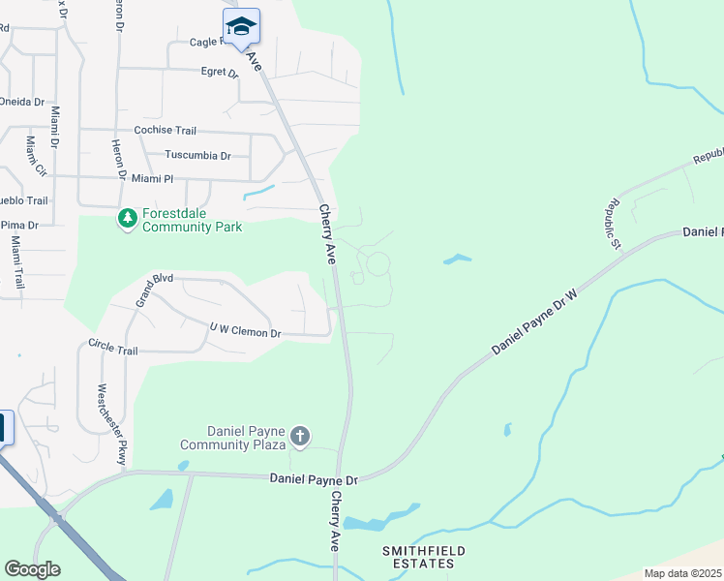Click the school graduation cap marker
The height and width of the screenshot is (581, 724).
pos(241,28)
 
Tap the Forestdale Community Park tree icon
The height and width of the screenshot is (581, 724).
pos(127,219)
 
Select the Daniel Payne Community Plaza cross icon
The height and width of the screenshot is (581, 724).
pos(300,437)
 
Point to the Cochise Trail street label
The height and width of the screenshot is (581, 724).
pos(166,130)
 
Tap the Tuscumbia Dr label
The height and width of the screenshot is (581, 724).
pos(197,155)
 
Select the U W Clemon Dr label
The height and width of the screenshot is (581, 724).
pos(245,332)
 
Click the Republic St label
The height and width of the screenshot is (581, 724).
pos(613,224)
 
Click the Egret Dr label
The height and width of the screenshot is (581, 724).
pos(220,72)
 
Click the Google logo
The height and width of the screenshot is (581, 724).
pos(32,568)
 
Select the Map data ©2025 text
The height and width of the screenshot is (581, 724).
pos(681,573)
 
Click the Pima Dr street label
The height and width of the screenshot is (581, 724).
pos(18,225)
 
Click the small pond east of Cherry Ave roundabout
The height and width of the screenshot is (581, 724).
pos(457,259)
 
